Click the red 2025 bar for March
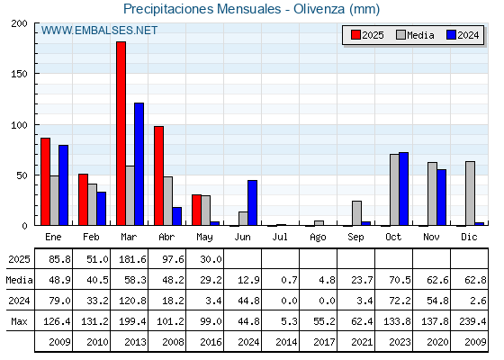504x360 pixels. pyautogui.click(x=121, y=133)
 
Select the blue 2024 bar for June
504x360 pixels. pyautogui.click(x=252, y=202)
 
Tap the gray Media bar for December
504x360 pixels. pyautogui.click(x=470, y=193)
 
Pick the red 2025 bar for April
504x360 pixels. pyautogui.click(x=158, y=175)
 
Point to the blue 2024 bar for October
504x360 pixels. pyautogui.click(x=403, y=189)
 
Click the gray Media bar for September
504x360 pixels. pyautogui.click(x=356, y=213)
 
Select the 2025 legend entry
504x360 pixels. pyautogui.click(x=367, y=35)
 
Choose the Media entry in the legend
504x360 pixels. pyautogui.click(x=415, y=35)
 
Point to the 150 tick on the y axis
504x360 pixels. pyautogui.click(x=19, y=74)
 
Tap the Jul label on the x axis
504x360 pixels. pyautogui.click(x=280, y=237)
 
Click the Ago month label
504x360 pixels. pyautogui.click(x=318, y=238)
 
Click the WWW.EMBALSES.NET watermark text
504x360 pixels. pyautogui.click(x=99, y=31)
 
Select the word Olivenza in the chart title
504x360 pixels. pyautogui.click(x=319, y=9)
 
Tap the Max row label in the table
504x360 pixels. pyautogui.click(x=19, y=321)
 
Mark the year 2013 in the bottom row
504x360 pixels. pyautogui.click(x=135, y=342)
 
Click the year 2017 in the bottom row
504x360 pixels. pyautogui.click(x=324, y=342)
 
